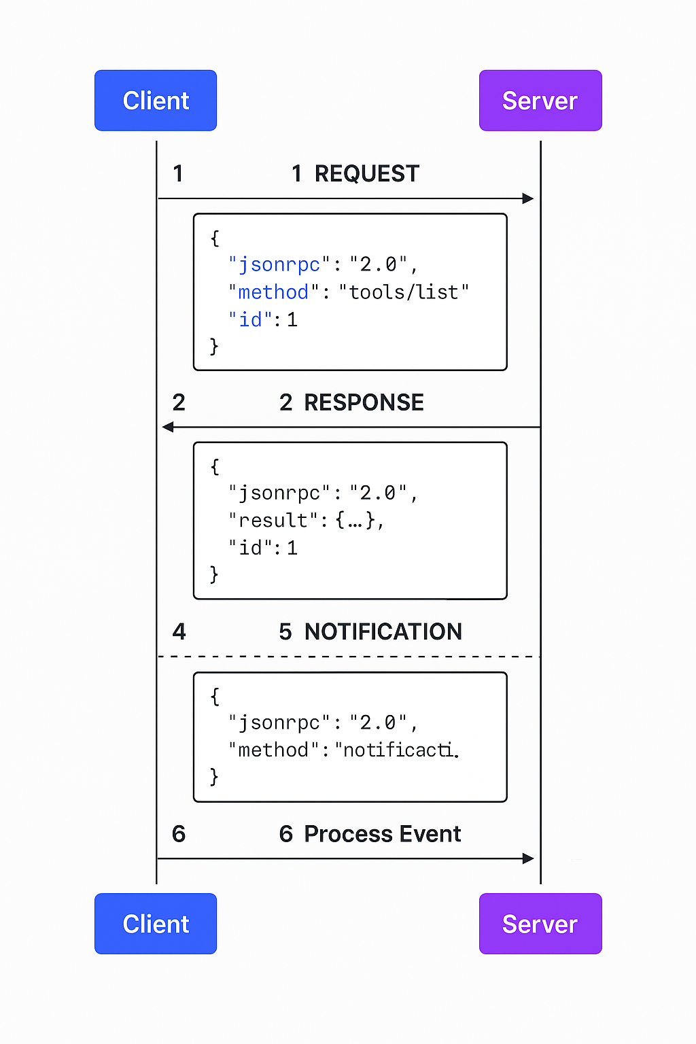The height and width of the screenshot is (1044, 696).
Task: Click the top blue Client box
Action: (156, 101)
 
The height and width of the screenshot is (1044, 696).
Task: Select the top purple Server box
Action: (540, 101)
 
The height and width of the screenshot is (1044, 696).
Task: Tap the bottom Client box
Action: (156, 924)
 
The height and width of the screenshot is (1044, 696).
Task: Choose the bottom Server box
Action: (540, 924)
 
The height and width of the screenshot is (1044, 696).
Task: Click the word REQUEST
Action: (366, 174)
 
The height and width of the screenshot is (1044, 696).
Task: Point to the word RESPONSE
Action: (364, 402)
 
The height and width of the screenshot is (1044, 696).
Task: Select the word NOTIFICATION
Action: (383, 631)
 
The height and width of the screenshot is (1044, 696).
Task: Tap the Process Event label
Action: (382, 834)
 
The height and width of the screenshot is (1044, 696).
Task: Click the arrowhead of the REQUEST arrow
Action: (528, 198)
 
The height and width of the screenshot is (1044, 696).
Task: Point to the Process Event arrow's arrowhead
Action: (528, 858)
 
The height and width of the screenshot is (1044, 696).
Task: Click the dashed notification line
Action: (348, 657)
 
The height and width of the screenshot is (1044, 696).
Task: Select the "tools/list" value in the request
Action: (404, 292)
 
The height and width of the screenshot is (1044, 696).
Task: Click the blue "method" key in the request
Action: (273, 292)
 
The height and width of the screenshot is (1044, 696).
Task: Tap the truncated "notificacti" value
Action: (398, 750)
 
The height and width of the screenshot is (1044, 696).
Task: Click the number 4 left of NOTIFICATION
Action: (179, 631)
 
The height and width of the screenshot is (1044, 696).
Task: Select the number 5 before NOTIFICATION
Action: (285, 631)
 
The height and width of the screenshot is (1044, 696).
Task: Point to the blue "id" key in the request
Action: (250, 319)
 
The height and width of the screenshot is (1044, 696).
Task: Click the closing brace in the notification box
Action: (214, 776)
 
